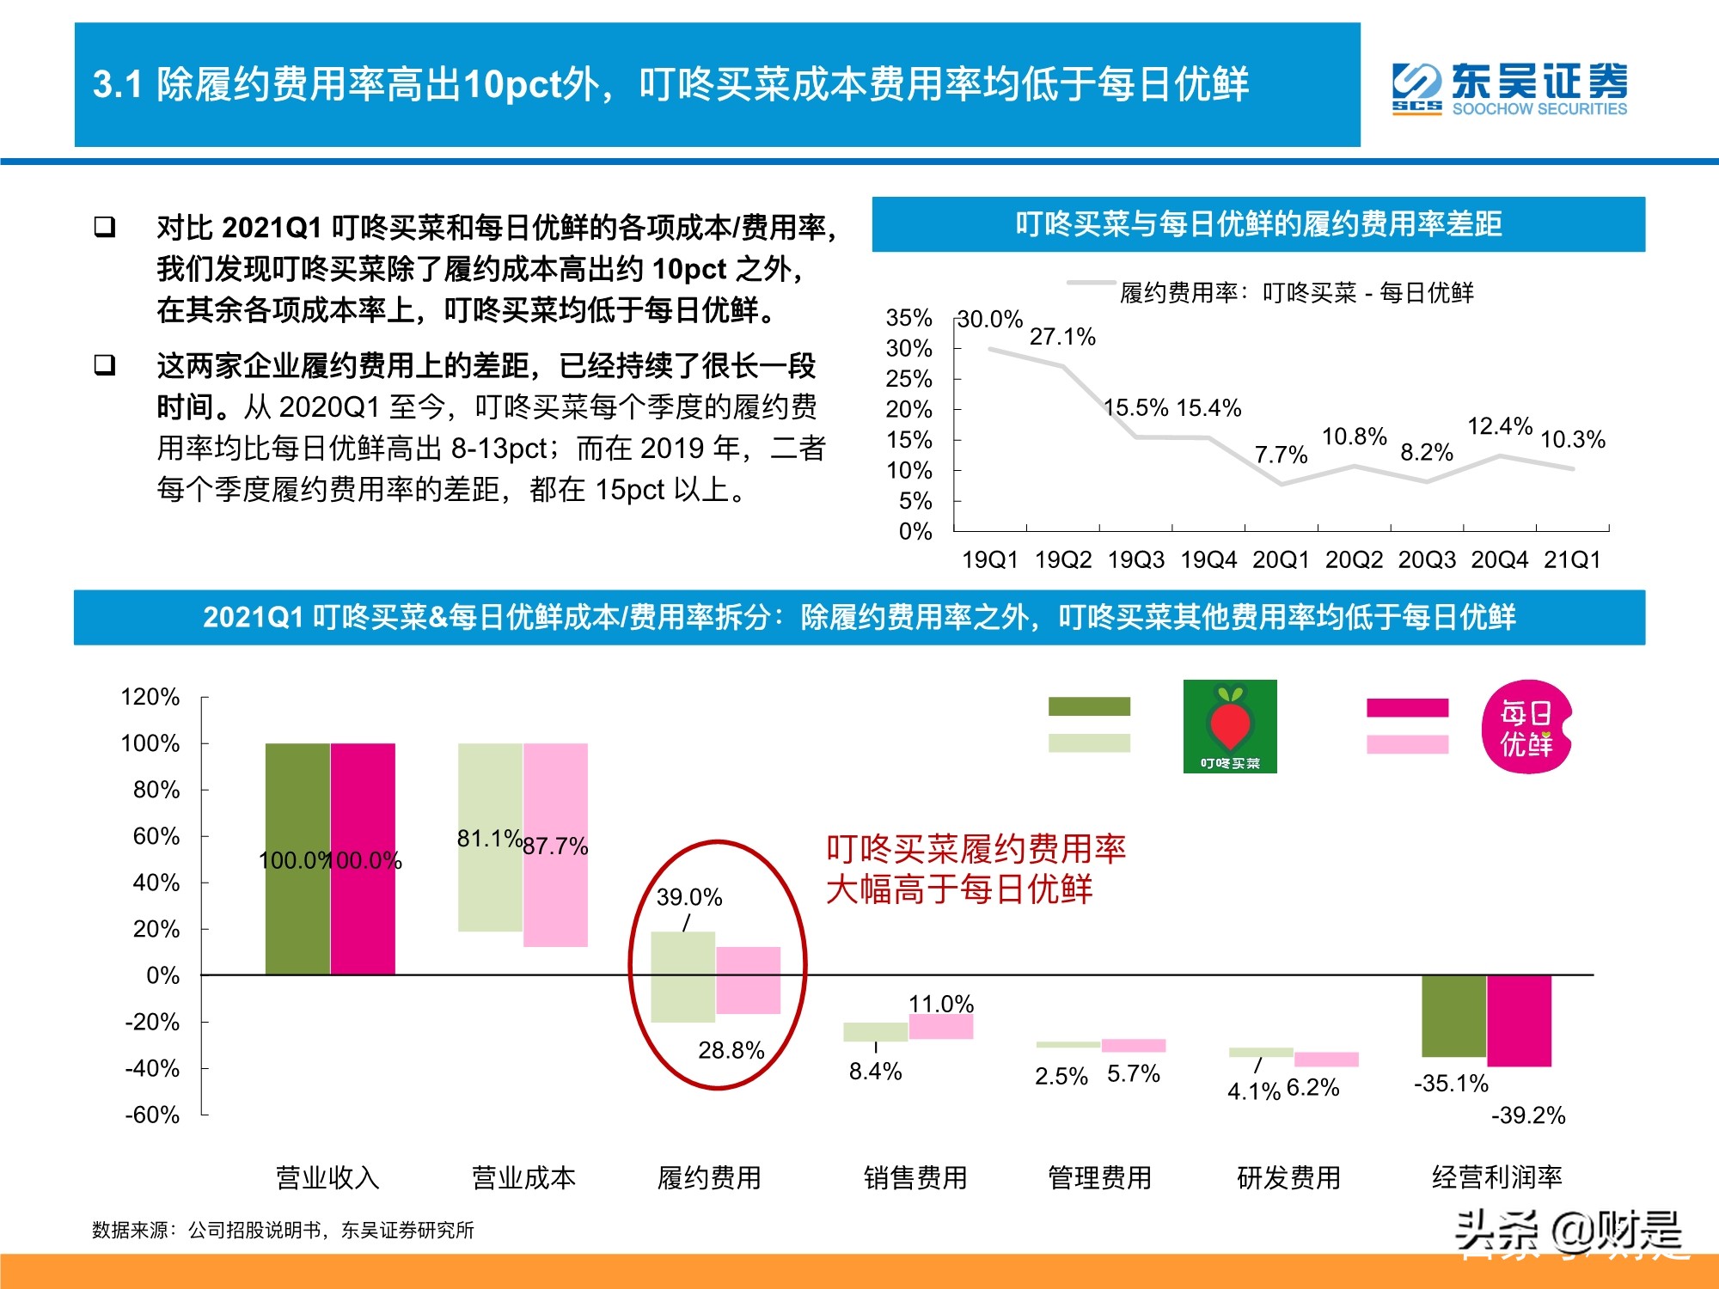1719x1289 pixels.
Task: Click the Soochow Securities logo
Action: [x=1509, y=89]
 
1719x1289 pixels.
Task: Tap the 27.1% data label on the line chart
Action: [x=1062, y=337]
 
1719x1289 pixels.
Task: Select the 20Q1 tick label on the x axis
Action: [x=1281, y=560]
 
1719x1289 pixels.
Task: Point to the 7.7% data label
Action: [x=1281, y=455]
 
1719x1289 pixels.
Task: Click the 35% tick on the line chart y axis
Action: [x=908, y=318]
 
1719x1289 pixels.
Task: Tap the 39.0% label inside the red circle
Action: [x=689, y=898]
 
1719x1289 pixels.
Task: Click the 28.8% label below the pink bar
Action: [x=731, y=1050]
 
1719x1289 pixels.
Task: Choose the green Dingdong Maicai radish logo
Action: [x=1230, y=726]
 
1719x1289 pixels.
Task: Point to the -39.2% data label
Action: [x=1528, y=1115]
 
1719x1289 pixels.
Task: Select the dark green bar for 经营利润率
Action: [x=1453, y=1016]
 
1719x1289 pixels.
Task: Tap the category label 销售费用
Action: [x=915, y=1177]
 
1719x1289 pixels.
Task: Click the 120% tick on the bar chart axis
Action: [x=150, y=697]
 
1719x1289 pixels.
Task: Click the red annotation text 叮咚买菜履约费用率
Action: [x=976, y=849]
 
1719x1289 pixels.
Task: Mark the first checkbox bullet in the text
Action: [x=105, y=227]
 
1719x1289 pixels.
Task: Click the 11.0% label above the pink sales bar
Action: [x=941, y=1004]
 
